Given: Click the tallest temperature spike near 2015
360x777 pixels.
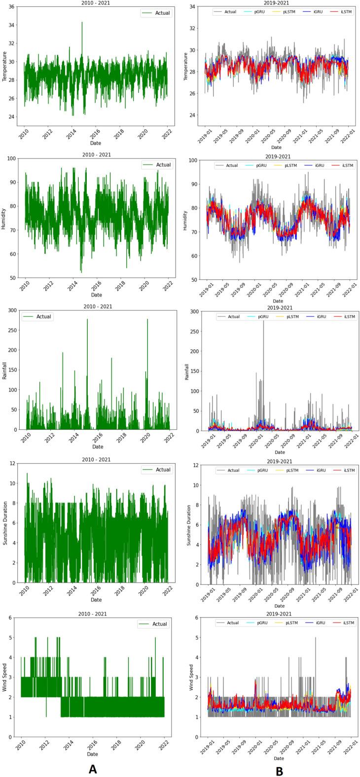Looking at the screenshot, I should [82, 23].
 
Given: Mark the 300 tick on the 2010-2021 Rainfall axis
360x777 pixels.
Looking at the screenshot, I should [9, 310].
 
